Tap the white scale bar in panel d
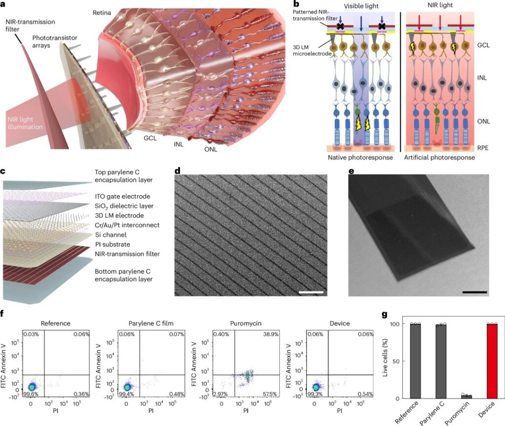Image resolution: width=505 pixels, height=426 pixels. pyautogui.click(x=311, y=292)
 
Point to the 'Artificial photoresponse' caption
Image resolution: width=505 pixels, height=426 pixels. pyautogui.click(x=439, y=157)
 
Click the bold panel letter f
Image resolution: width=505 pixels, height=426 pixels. pyautogui.click(x=3, y=314)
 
